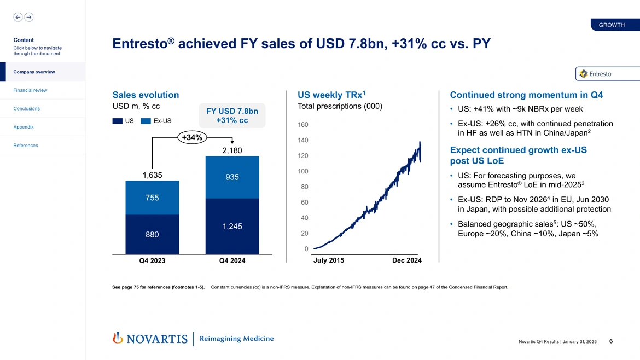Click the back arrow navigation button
[18, 17]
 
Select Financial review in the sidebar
[30, 90]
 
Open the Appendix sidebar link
[23, 127]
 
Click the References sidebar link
[25, 146]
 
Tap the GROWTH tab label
[612, 25]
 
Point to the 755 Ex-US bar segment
[152, 198]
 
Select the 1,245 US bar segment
[232, 226]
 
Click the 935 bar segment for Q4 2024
[232, 177]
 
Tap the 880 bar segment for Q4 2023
[152, 235]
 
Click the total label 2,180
[232, 150]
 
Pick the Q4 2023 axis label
[152, 261]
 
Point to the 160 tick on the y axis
[302, 125]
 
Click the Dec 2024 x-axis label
[407, 260]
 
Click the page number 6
[610, 341]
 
